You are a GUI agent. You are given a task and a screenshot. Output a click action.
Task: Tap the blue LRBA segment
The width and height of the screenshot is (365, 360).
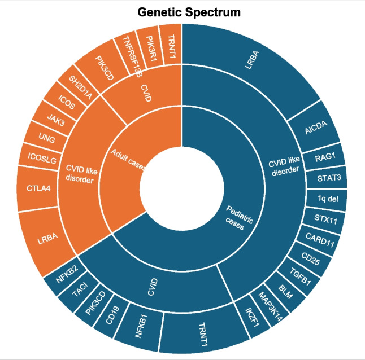(x=249, y=62)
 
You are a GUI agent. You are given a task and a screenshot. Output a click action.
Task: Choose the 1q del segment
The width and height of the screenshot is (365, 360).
(x=329, y=199)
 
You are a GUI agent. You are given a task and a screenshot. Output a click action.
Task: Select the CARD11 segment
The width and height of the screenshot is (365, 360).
(x=319, y=237)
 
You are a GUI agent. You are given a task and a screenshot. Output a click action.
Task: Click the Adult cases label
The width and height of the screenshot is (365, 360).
(x=128, y=160)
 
